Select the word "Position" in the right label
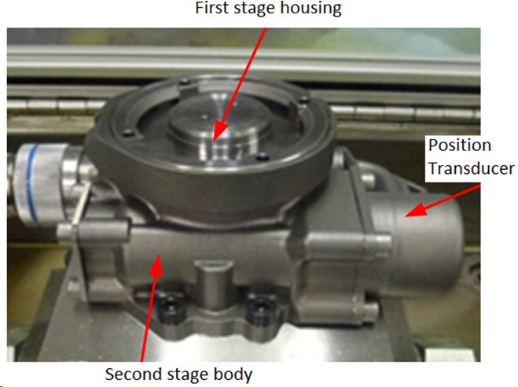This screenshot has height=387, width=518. tap(460, 146)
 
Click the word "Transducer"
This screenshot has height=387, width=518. tap(472, 168)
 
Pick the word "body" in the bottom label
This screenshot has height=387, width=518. tap(233, 374)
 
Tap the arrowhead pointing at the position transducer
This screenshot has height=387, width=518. tap(417, 209)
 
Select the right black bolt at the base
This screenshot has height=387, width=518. tap(259, 309)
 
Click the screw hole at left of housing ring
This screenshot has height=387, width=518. tap(127, 133)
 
